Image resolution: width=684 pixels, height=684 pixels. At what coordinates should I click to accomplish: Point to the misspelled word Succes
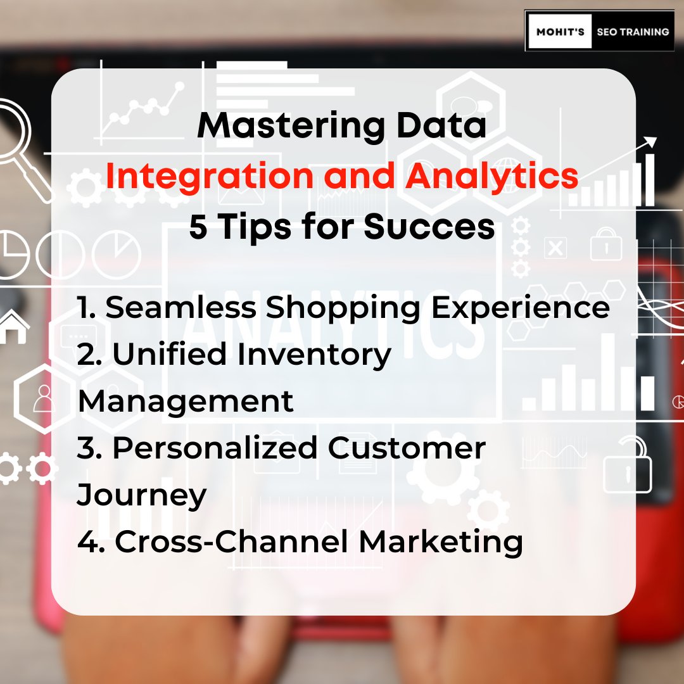tap(429, 227)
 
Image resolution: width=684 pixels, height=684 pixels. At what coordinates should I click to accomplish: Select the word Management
tap(186, 402)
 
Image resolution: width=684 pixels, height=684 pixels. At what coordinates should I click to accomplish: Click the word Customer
tap(407, 448)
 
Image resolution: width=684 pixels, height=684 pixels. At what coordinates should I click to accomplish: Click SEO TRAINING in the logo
tap(633, 31)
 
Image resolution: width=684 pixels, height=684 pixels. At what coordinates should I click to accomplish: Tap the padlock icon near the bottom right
tap(628, 466)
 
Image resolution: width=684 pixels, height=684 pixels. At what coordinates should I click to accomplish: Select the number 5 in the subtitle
tap(198, 227)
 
